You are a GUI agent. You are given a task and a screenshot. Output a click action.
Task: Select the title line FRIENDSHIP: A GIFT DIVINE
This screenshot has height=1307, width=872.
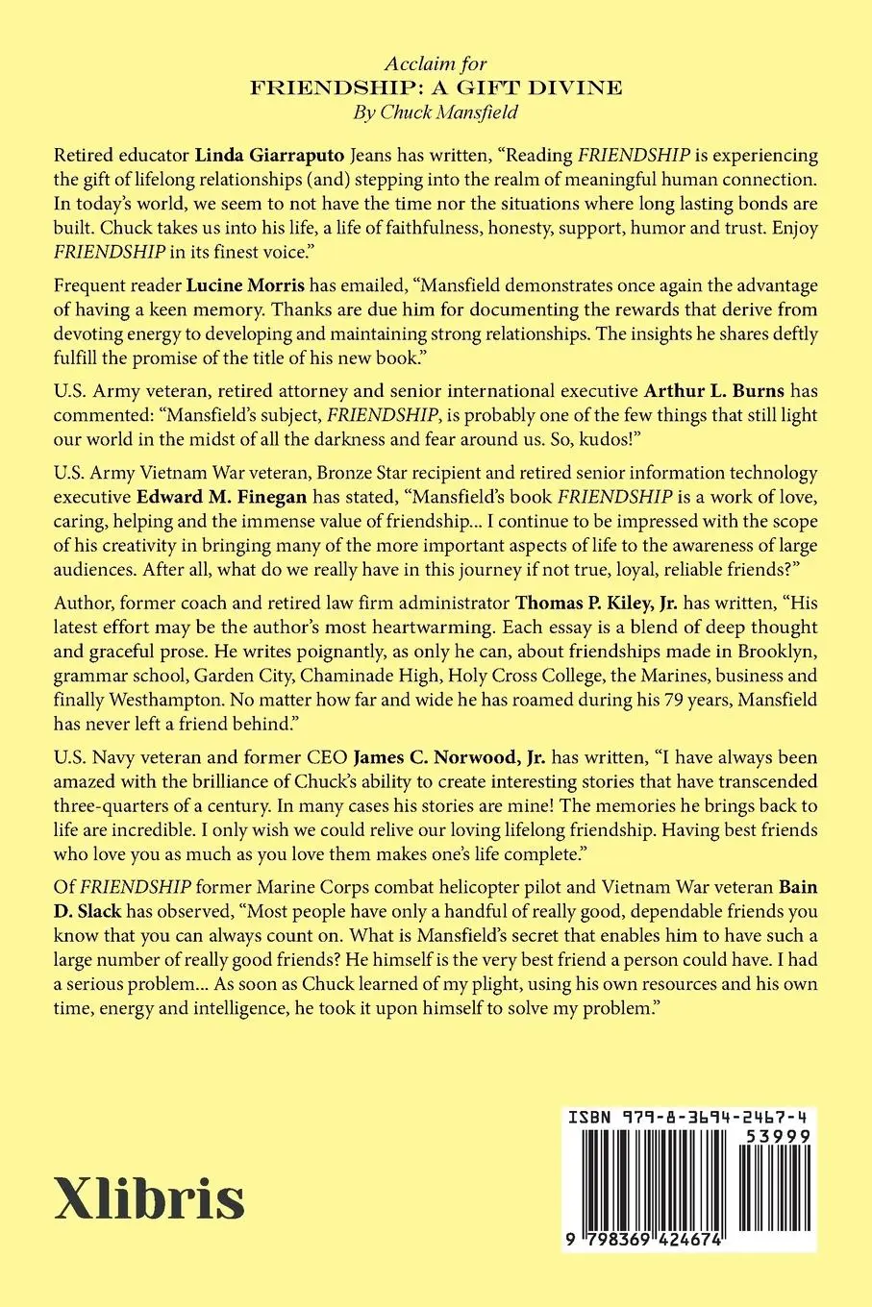click(436, 87)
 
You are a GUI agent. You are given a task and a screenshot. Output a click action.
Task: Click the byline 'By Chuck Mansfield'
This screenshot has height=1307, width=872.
click(436, 111)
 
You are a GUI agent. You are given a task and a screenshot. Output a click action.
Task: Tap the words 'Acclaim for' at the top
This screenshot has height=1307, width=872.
click(436, 64)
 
